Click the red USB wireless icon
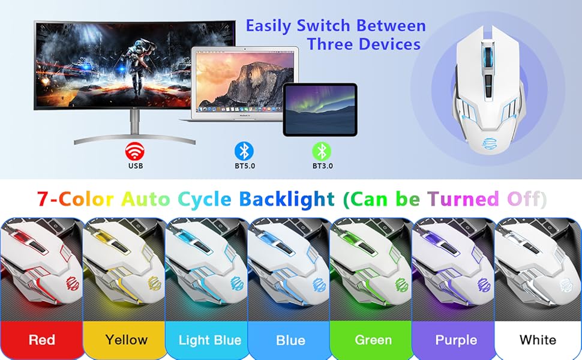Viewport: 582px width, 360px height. (134, 149)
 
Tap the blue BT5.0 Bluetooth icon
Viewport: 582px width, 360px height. (243, 150)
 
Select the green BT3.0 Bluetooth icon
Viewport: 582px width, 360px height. (322, 150)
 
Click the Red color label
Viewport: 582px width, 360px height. (41, 340)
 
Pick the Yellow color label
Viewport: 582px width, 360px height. (126, 340)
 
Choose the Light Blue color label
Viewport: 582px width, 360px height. (209, 340)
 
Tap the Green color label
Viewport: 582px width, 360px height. (373, 340)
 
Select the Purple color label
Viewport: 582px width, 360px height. (456, 340)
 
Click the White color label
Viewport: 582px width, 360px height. (538, 340)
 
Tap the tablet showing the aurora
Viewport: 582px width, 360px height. (320, 109)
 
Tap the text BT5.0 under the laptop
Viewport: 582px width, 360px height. (243, 166)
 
